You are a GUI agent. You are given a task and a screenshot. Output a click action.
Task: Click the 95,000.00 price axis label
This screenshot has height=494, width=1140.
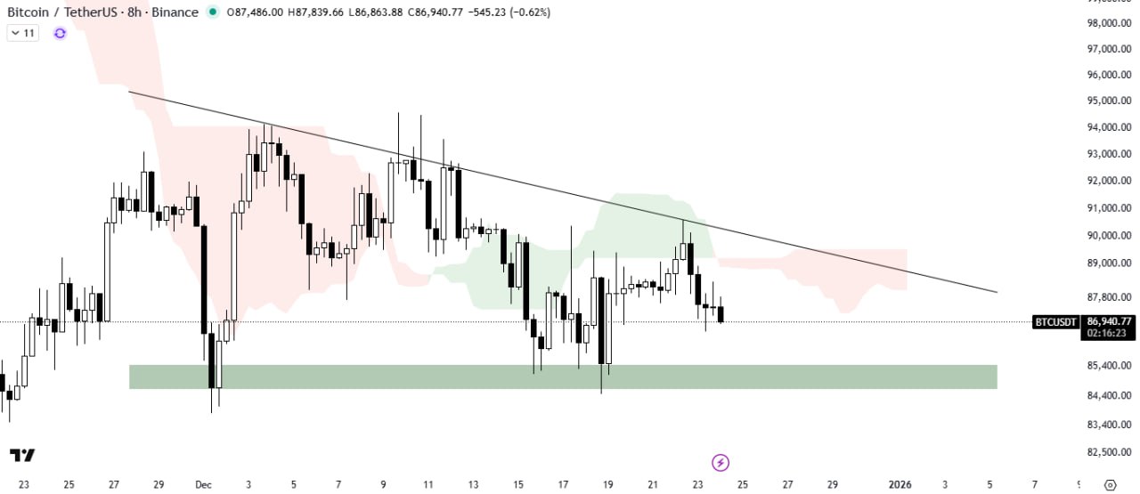tap(1109, 101)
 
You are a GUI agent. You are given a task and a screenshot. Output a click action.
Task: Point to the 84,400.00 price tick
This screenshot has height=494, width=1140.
tap(1109, 395)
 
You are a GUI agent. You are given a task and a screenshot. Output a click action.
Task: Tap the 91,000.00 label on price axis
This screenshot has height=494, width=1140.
tap(1109, 208)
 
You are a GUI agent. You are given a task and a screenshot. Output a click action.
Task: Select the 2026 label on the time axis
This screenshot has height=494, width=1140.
tap(900, 484)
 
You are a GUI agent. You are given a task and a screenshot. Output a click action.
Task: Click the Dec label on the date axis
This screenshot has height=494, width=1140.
tap(202, 484)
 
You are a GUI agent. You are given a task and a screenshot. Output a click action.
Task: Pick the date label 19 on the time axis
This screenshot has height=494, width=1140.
tap(608, 484)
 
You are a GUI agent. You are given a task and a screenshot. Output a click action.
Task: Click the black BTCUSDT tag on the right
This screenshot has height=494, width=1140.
tap(1056, 321)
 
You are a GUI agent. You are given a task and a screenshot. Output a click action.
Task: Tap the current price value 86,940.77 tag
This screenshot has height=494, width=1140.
tap(1109, 321)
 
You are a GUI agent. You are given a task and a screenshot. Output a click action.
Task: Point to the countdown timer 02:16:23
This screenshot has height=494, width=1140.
tap(1109, 333)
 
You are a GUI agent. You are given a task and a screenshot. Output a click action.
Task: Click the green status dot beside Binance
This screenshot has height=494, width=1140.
tap(212, 12)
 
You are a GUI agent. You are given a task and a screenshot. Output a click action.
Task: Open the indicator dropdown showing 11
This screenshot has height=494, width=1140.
tap(23, 33)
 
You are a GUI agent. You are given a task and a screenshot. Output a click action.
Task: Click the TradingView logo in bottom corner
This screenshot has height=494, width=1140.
tap(23, 455)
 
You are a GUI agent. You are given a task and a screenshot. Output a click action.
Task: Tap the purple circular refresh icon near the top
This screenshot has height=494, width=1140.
tap(60, 33)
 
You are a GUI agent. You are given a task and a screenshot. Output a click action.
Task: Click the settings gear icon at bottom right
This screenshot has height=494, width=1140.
tap(1110, 484)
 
